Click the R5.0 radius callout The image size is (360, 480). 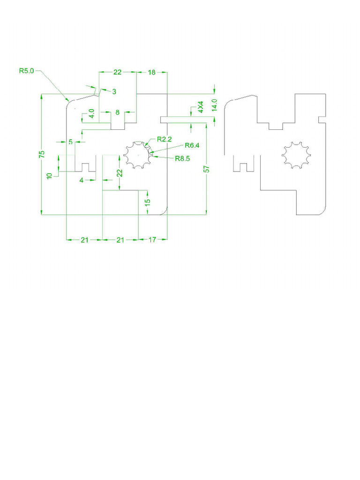click(26, 71)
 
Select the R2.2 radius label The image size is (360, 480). click(165, 139)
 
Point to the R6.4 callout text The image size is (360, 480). click(192, 145)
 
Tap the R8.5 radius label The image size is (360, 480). click(182, 158)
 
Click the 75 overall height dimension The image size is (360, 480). click(41, 154)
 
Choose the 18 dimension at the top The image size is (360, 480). click(152, 72)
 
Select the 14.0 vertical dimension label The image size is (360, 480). click(214, 105)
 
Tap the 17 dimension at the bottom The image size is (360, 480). click(153, 240)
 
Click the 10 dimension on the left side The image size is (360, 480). click(49, 176)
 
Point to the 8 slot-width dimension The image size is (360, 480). click(118, 112)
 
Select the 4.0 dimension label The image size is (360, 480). click(91, 113)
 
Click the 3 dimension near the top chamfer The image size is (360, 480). click(114, 91)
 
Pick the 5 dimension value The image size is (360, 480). click(70, 142)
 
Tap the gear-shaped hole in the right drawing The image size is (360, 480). click(297, 155)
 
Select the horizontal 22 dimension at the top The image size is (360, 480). click(117, 72)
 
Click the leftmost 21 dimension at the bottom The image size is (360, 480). click(84, 240)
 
